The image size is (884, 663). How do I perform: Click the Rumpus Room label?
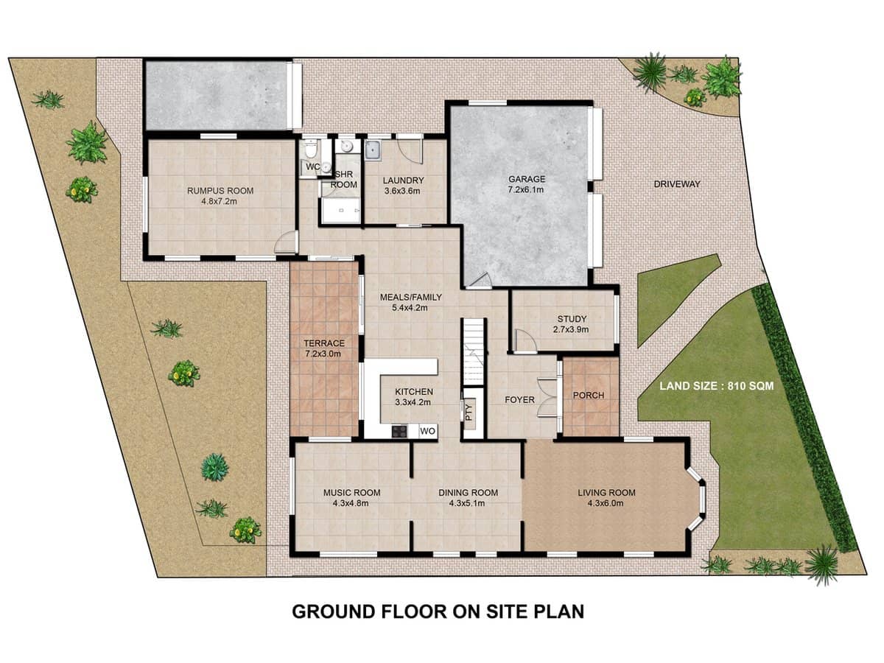pyautogui.click(x=220, y=191)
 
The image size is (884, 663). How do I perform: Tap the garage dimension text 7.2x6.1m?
pyautogui.click(x=526, y=190)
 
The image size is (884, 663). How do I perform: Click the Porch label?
pyautogui.click(x=588, y=396)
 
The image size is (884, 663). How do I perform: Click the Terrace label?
pyautogui.click(x=324, y=343)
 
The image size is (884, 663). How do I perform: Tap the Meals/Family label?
pyautogui.click(x=410, y=298)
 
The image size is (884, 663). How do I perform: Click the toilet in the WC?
pyautogui.click(x=312, y=150)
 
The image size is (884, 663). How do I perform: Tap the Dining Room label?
pyautogui.click(x=468, y=493)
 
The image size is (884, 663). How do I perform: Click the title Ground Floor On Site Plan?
pyautogui.click(x=438, y=611)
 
